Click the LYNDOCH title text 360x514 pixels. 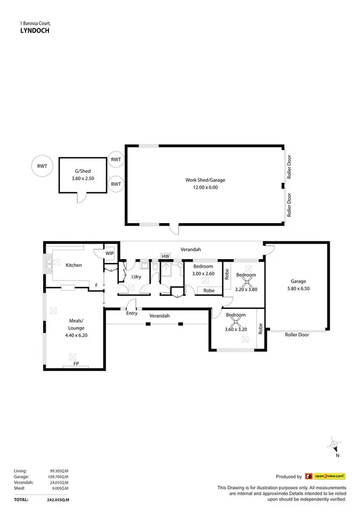pyautogui.click(x=34, y=30)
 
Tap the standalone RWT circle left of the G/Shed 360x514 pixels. pyautogui.click(x=40, y=167)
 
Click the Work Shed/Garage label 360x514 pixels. pyautogui.click(x=205, y=180)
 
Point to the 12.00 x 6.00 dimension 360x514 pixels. pyautogui.click(x=205, y=188)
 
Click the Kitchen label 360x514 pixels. pyautogui.click(x=74, y=265)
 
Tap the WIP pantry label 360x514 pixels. pyautogui.click(x=110, y=253)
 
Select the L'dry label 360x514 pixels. pyautogui.click(x=135, y=277)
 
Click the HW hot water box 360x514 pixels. pyautogui.click(x=166, y=256)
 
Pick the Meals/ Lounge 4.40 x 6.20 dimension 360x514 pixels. pyautogui.click(x=76, y=335)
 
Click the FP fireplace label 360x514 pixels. pyautogui.click(x=76, y=364)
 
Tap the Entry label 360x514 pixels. pyautogui.click(x=132, y=313)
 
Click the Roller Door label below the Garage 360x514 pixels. pyautogui.click(x=297, y=335)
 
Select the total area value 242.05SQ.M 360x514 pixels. pyautogui.click(x=60, y=500)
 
